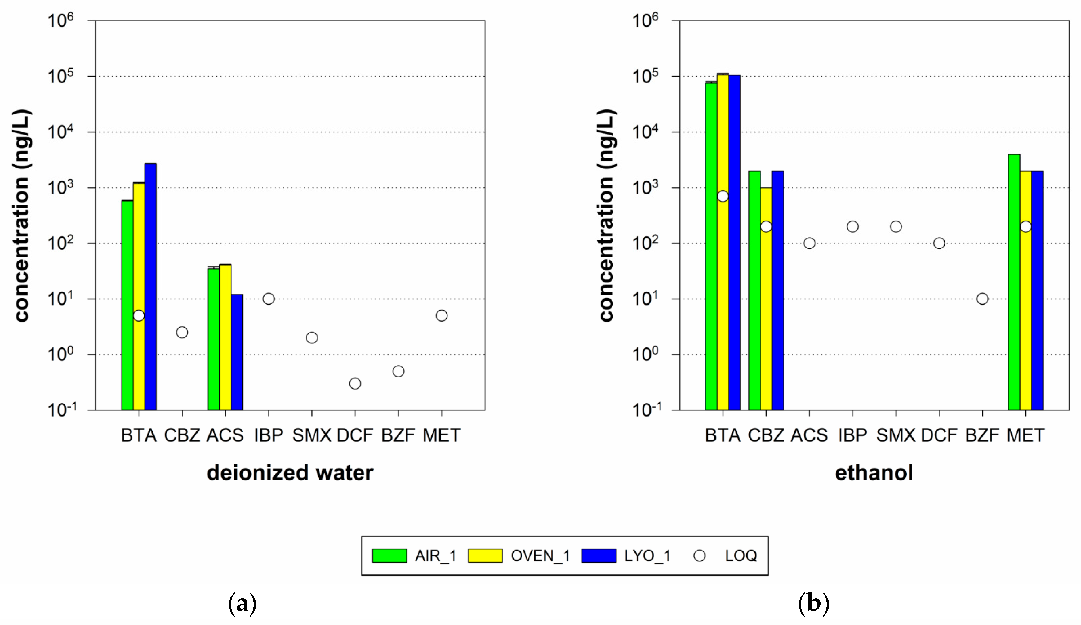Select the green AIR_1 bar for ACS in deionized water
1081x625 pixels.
[214, 339]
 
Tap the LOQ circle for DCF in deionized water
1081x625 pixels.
[355, 383]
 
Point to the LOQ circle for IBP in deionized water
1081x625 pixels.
[269, 299]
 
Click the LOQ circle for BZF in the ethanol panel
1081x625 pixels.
[982, 299]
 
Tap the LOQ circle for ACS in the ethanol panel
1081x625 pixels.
[809, 243]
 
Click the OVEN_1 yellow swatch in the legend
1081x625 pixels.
[485, 556]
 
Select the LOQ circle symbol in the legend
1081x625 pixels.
[700, 556]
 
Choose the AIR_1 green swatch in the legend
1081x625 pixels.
[389, 556]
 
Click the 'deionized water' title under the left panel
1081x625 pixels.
[290, 473]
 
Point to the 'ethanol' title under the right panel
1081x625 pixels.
[874, 473]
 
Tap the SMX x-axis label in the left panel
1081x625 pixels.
[312, 435]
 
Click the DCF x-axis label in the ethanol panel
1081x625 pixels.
[939, 435]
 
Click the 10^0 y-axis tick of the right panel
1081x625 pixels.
[645, 354]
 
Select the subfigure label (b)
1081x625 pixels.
[813, 604]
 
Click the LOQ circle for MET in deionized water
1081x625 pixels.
[441, 315]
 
